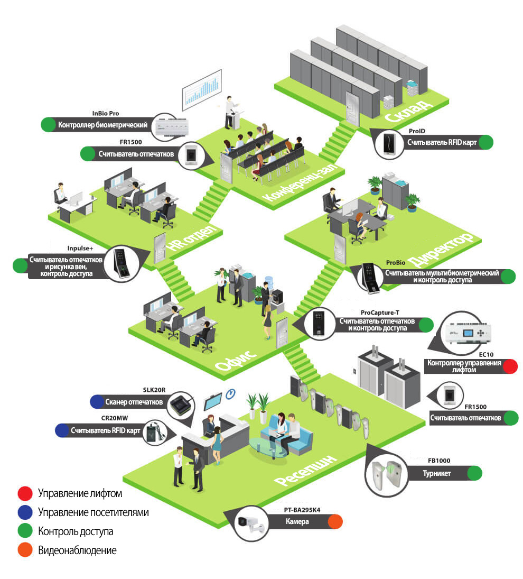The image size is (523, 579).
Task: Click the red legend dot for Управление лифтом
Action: click(x=25, y=494)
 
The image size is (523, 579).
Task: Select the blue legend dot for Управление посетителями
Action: click(x=25, y=512)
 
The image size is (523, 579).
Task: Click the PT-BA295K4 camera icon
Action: click(x=249, y=523)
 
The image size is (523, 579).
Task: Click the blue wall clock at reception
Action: click(x=230, y=394)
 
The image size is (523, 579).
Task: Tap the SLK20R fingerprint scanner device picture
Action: click(x=182, y=407)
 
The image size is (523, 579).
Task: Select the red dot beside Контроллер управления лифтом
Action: click(x=509, y=366)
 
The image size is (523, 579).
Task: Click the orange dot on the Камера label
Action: click(x=334, y=522)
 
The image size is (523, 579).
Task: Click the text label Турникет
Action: click(x=437, y=473)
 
